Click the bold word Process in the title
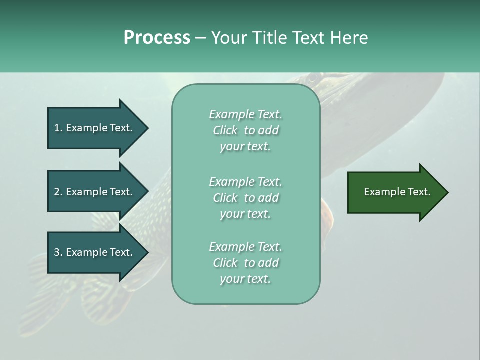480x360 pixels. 157,38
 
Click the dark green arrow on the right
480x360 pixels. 395,192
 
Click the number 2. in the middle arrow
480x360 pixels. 58,192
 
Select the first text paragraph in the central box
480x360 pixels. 245,130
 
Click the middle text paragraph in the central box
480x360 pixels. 245,198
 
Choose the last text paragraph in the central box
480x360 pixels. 245,263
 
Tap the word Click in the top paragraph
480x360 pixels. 225,130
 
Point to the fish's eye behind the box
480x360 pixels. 313,78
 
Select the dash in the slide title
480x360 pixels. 200,38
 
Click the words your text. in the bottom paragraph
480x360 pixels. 245,279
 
